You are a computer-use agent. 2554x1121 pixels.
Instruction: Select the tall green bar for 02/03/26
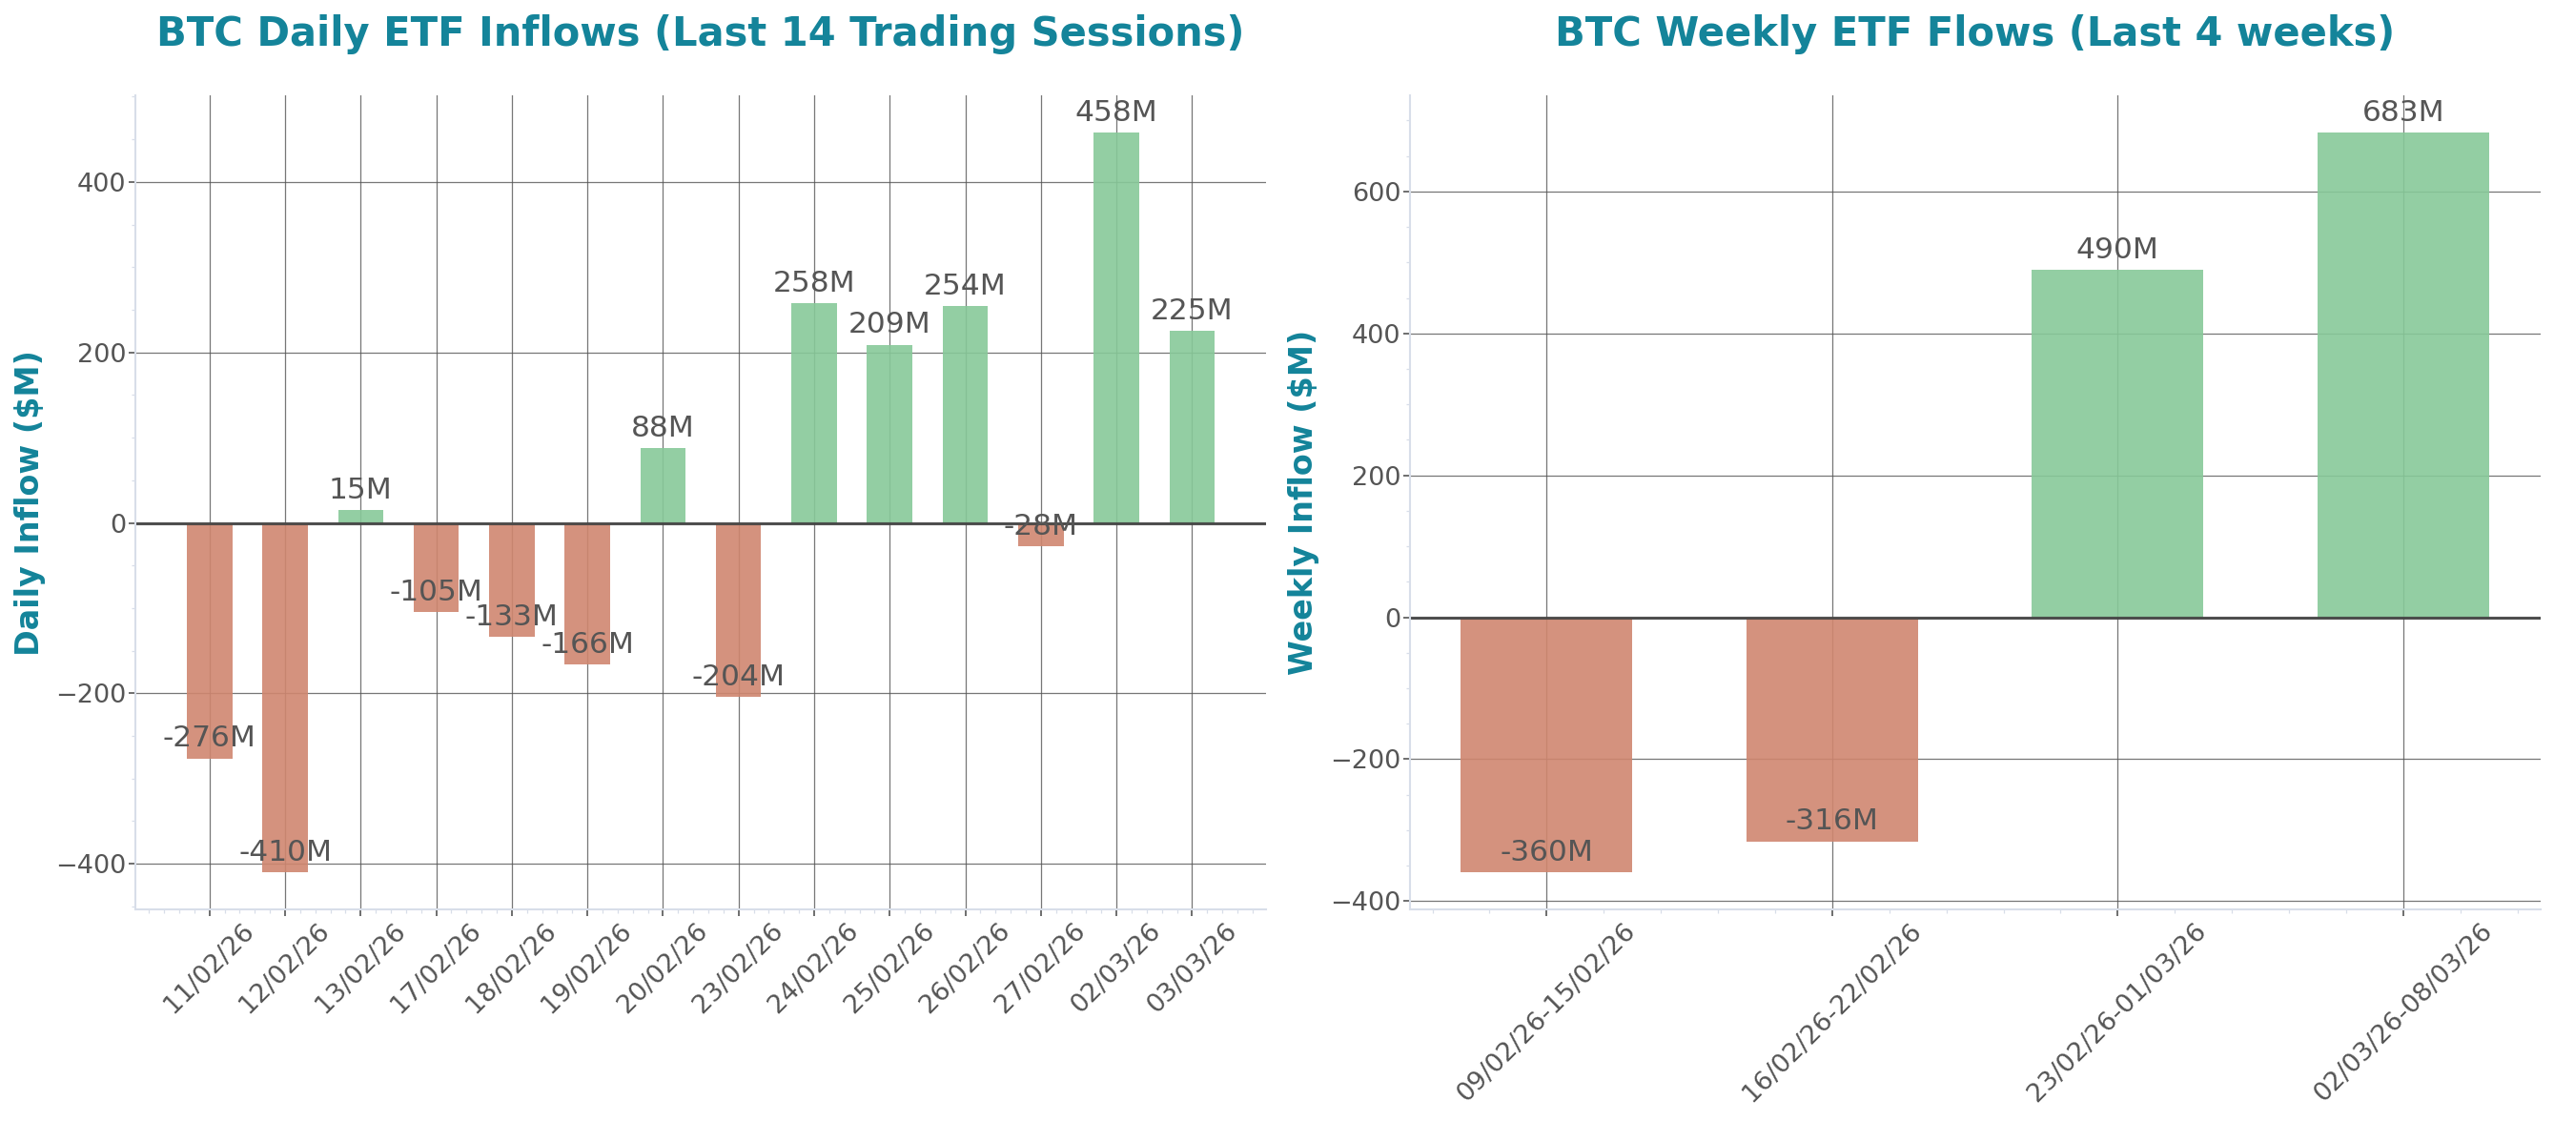(1115, 327)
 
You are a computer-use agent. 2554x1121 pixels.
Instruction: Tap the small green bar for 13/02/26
(360, 517)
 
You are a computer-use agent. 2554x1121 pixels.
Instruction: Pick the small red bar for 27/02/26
(1040, 535)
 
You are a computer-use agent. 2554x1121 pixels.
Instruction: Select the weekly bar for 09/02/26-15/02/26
(1545, 744)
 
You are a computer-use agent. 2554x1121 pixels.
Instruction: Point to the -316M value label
(1831, 820)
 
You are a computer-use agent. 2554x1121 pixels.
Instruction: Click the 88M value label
(663, 427)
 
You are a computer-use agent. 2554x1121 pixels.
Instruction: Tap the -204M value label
(738, 676)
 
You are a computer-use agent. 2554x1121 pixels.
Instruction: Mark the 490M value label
(2116, 249)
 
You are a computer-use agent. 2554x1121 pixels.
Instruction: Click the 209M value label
(889, 324)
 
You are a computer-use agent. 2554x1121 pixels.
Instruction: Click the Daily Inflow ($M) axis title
(28, 503)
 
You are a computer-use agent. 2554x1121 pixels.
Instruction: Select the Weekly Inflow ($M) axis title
(1300, 503)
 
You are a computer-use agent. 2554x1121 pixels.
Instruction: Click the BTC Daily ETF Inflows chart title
(700, 32)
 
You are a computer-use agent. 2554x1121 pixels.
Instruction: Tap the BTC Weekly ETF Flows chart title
(1974, 32)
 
